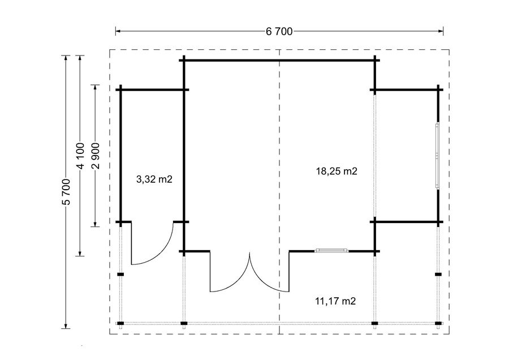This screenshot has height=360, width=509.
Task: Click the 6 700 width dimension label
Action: coord(279,32)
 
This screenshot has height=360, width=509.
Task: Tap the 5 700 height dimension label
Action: coord(67,192)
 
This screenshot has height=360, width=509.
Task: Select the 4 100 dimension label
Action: coord(80,156)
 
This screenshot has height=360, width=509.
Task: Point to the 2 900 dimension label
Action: coord(96,156)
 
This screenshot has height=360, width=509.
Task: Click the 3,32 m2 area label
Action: coord(154,179)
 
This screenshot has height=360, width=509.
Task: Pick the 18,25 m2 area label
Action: coord(337,171)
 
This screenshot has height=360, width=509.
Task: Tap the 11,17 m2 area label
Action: coord(335,301)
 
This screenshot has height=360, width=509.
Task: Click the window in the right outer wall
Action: coord(437,156)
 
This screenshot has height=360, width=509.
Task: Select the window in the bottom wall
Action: coord(332,250)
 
